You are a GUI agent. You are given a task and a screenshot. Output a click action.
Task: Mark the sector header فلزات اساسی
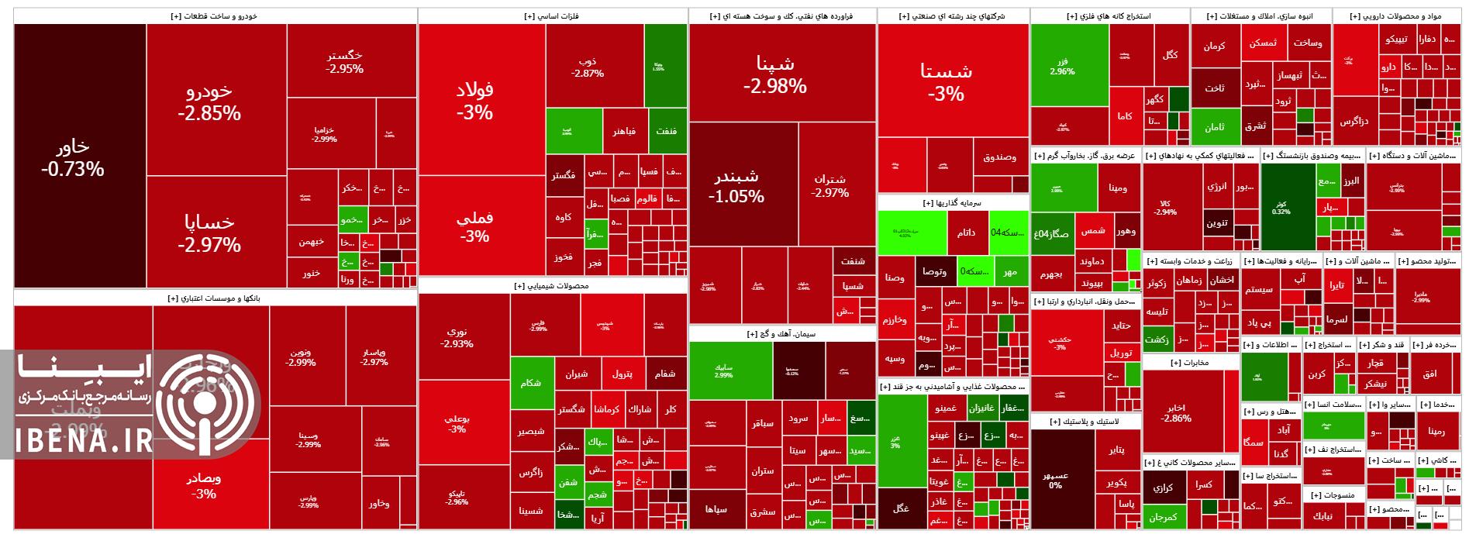553,16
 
